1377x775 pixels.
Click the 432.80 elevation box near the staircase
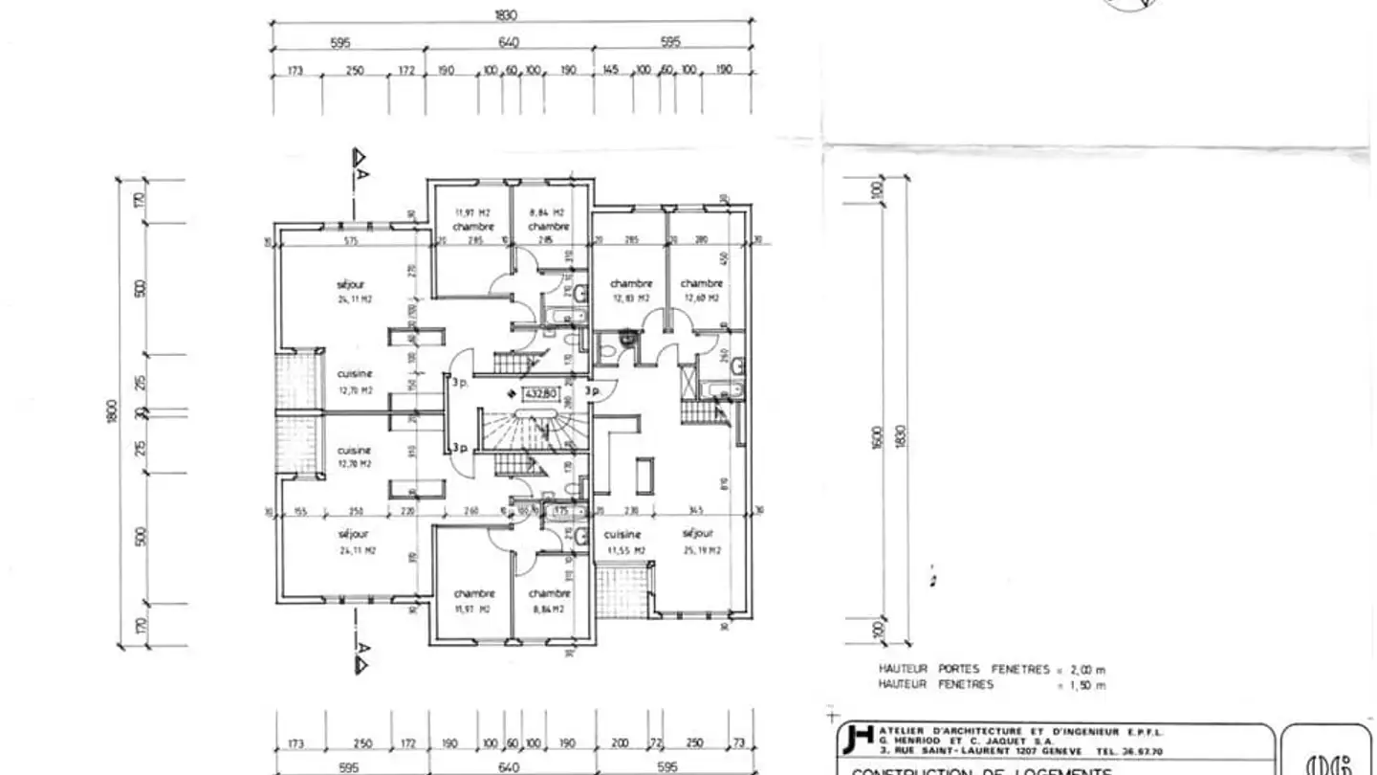pyautogui.click(x=540, y=392)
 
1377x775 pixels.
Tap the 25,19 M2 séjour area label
pyautogui.click(x=701, y=550)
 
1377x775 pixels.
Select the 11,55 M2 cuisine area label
pyautogui.click(x=625, y=550)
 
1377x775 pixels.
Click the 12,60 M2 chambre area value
pyautogui.click(x=700, y=299)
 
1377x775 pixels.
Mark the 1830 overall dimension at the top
pyautogui.click(x=506, y=14)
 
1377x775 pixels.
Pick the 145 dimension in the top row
pyautogui.click(x=612, y=70)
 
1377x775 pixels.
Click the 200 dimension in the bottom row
pyautogui.click(x=620, y=743)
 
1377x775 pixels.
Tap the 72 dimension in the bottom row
pyautogui.click(x=656, y=743)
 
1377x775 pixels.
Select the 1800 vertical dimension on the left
pyautogui.click(x=111, y=412)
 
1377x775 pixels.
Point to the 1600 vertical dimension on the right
pyautogui.click(x=878, y=440)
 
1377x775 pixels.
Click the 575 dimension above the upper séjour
pyautogui.click(x=350, y=241)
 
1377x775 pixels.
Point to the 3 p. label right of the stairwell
pyautogui.click(x=592, y=390)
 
